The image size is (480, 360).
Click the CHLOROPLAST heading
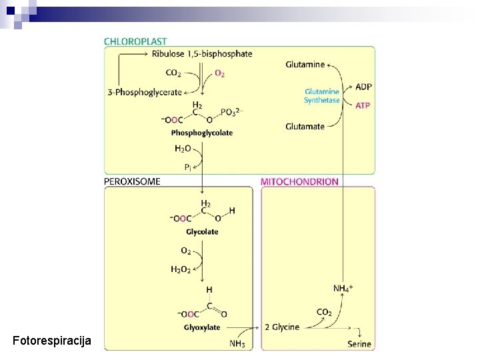tap(135, 40)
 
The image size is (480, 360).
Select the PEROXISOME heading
tap(132, 181)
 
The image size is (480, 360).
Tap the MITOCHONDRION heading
tap(299, 181)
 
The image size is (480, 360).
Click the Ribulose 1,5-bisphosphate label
tap(202, 54)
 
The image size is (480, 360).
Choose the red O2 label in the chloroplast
tap(219, 73)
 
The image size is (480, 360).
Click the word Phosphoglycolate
tap(202, 133)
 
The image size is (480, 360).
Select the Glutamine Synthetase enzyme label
tap(322, 95)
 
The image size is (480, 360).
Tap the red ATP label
tap(363, 105)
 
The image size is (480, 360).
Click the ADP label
tap(364, 87)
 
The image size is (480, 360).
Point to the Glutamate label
tap(305, 126)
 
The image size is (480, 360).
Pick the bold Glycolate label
tap(202, 232)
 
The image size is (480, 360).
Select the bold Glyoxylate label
tap(202, 327)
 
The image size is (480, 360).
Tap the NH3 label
tap(237, 344)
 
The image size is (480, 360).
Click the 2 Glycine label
tap(282, 327)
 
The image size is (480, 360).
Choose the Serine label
tap(359, 344)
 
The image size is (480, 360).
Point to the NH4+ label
tap(343, 288)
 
